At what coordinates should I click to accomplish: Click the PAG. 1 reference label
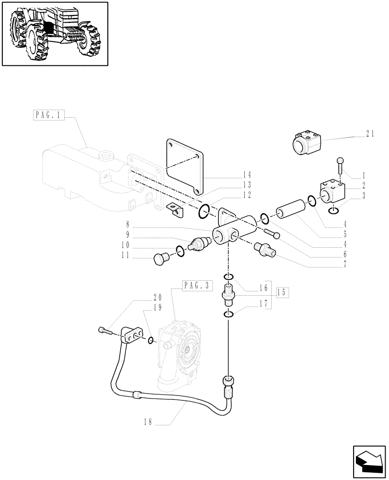click(x=49, y=116)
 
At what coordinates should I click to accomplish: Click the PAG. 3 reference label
click(x=197, y=285)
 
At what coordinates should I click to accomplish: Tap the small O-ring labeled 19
click(x=151, y=340)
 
